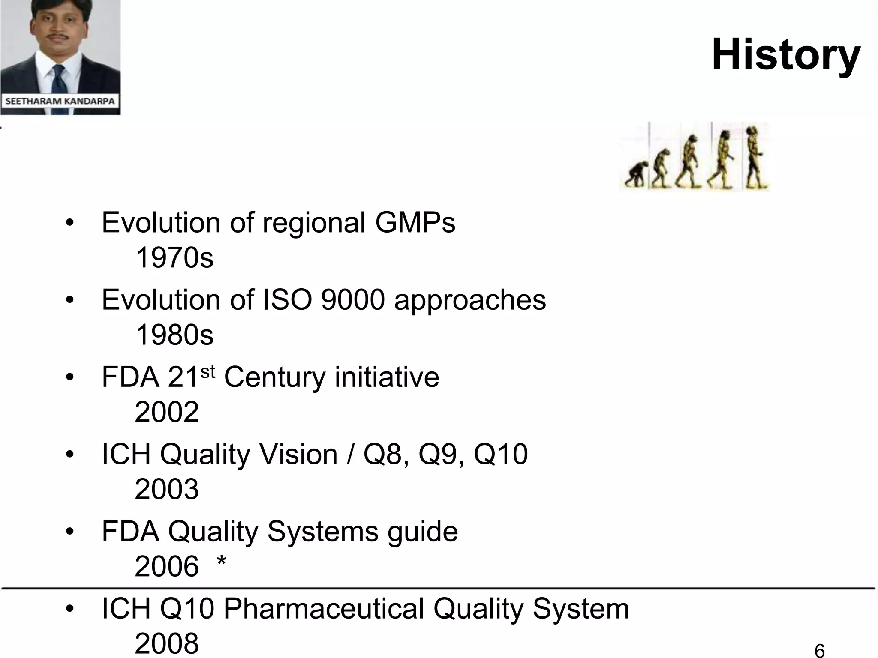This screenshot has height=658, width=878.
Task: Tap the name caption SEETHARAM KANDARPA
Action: [60, 102]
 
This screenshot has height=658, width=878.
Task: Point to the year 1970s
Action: [174, 258]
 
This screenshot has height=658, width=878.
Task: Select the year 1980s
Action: [174, 335]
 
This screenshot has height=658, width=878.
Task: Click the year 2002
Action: [167, 412]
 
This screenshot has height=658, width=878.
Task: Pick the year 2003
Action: [167, 489]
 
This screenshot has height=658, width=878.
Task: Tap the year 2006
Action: [167, 566]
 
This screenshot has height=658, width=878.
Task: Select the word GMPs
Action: [415, 223]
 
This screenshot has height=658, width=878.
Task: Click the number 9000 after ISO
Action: [353, 300]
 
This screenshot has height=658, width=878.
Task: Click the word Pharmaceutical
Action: [324, 608]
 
